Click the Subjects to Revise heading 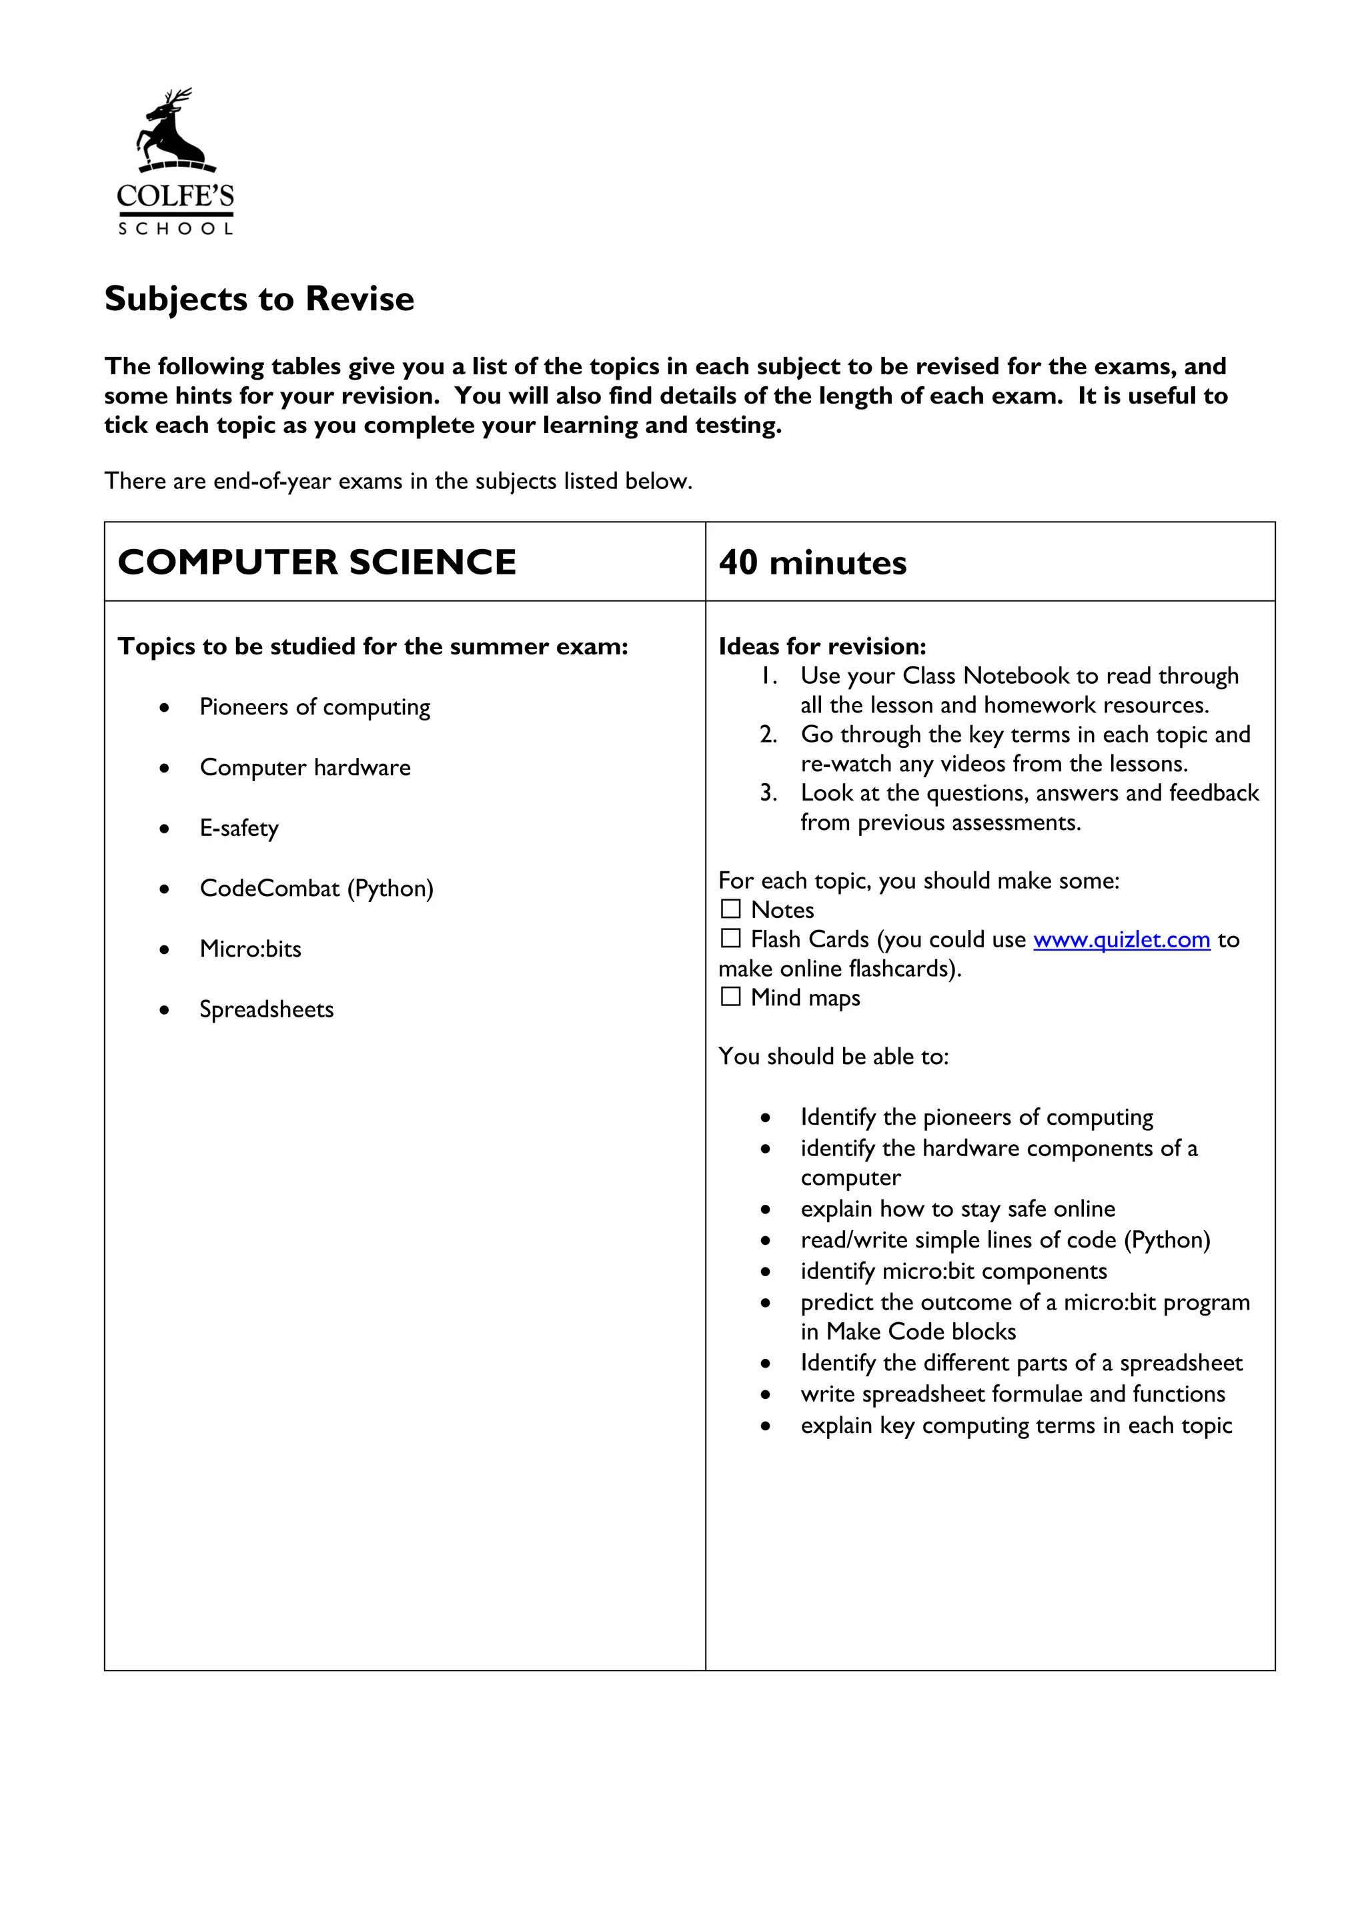click(x=259, y=299)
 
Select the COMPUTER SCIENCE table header click(x=317, y=562)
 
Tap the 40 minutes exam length click(x=812, y=562)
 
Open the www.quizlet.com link click(x=1121, y=939)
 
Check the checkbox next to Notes click(x=731, y=909)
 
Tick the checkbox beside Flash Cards click(x=731, y=938)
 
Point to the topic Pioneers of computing click(x=315, y=707)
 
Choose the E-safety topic click(x=239, y=828)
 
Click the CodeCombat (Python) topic click(x=316, y=889)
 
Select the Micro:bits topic click(x=250, y=949)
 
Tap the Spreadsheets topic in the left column click(x=267, y=1010)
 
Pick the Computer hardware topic click(x=305, y=767)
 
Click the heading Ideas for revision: click(x=822, y=646)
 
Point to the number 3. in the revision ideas click(x=768, y=793)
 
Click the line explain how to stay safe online click(x=957, y=1210)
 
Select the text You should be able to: click(x=832, y=1056)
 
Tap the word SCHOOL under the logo click(x=175, y=229)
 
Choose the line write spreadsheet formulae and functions click(x=1012, y=1394)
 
